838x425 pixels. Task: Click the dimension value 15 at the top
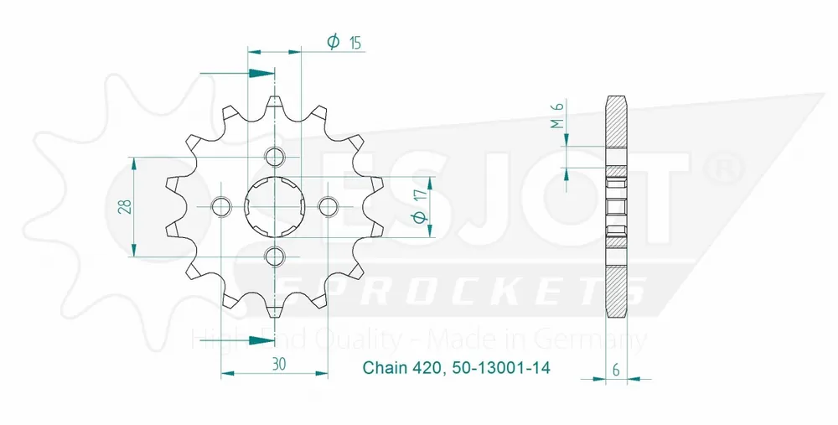[356, 43]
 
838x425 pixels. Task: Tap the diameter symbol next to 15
[333, 42]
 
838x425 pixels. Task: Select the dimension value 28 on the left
[124, 206]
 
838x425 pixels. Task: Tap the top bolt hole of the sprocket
[274, 157]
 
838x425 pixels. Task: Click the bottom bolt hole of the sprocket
[274, 255]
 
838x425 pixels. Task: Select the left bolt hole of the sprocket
[221, 205]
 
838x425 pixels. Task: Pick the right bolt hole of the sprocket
[327, 205]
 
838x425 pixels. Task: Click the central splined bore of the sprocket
[274, 206]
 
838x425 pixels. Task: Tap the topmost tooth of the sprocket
[274, 104]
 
